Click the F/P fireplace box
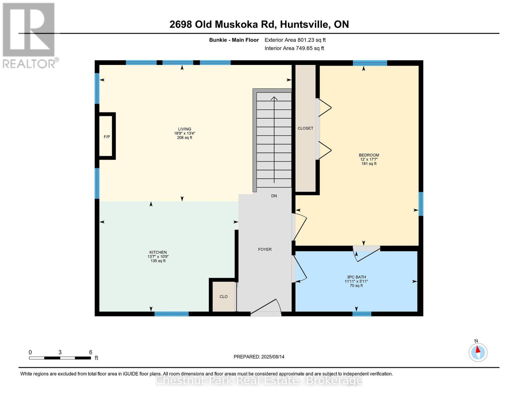tap(107, 136)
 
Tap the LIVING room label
tap(184, 129)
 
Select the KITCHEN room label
tap(158, 252)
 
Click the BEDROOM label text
tap(369, 155)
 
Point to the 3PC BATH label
tap(356, 277)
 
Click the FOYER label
tap(265, 249)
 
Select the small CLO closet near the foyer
tap(223, 297)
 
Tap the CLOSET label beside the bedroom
tap(305, 128)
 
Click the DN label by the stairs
tap(274, 196)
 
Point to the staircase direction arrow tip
tap(274, 97)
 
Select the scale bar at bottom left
tap(60, 358)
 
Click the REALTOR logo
tap(29, 35)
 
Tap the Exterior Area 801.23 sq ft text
tap(295, 40)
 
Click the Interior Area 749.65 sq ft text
tap(294, 48)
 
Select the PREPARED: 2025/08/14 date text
tap(259, 357)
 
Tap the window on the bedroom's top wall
tap(370, 63)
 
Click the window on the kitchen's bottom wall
tap(171, 314)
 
